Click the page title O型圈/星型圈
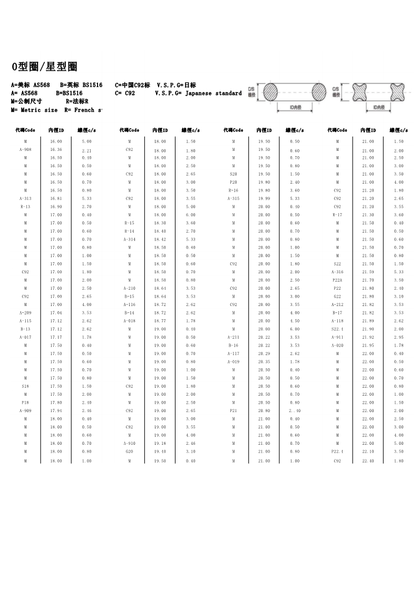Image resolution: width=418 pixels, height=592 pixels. tap(45, 67)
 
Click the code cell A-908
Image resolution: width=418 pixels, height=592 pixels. tap(25, 150)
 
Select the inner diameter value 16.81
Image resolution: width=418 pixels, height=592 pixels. tap(56, 198)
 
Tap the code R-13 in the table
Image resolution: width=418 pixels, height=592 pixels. tap(25, 207)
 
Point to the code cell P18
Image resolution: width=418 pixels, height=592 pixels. tap(25, 402)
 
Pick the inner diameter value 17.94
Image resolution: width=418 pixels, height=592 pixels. tap(56, 410)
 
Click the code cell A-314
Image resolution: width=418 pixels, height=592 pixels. tap(130, 239)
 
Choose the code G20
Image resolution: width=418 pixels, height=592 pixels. tap(130, 451)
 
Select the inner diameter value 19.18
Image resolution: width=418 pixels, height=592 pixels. tap(160, 443)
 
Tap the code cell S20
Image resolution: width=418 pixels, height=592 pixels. tap(234, 174)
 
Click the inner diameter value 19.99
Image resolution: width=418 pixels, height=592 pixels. tap(264, 198)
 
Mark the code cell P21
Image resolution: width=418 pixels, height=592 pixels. tap(234, 410)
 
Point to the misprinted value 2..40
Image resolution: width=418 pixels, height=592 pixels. tap(294, 410)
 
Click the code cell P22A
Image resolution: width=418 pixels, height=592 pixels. tap(337, 280)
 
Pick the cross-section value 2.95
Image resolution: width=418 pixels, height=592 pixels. tap(398, 337)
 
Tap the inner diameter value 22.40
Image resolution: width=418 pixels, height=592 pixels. tap(368, 461)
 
